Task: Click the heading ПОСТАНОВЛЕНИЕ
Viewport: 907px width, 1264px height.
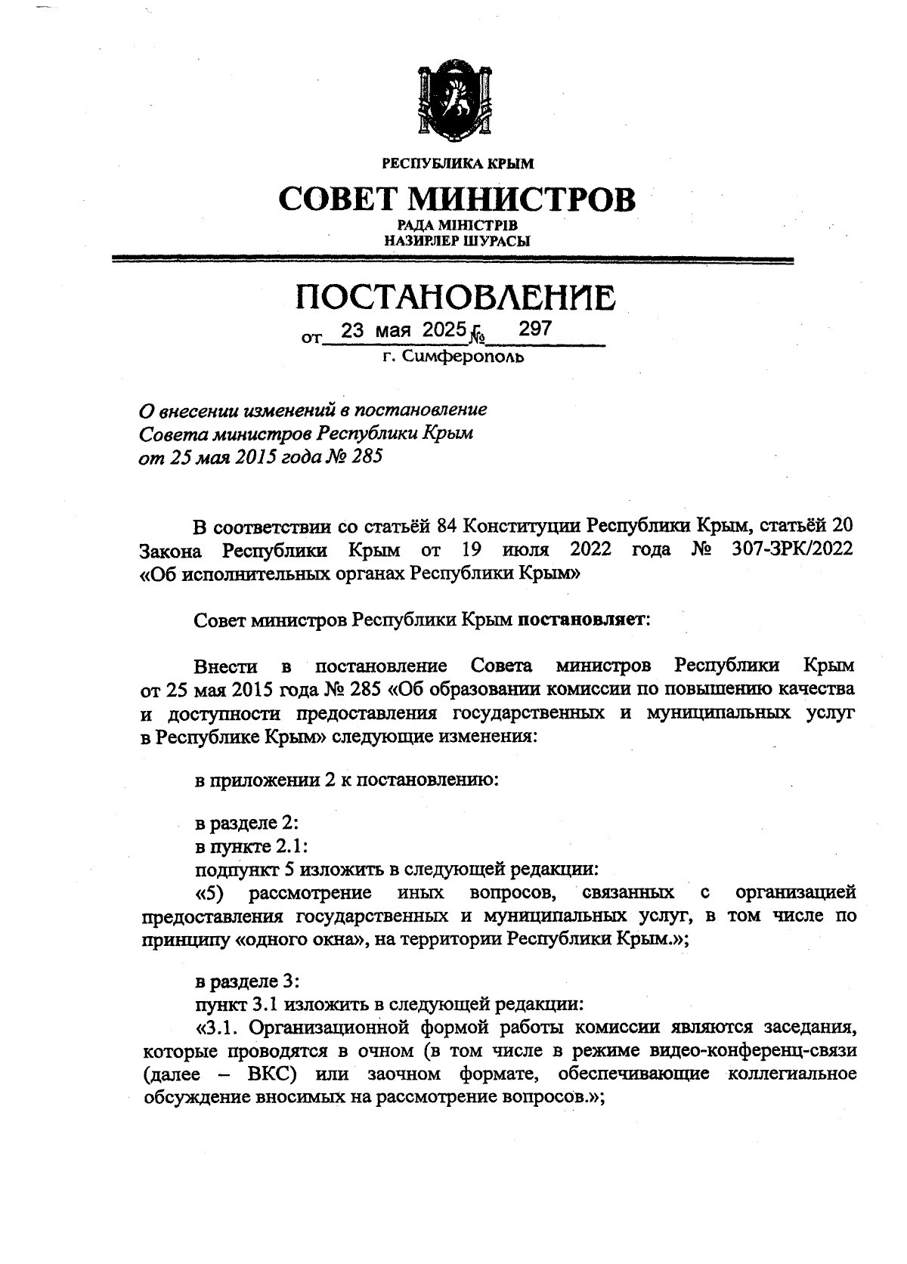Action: click(455, 298)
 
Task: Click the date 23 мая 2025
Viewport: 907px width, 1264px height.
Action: click(401, 330)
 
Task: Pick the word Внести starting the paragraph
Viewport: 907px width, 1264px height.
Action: click(226, 666)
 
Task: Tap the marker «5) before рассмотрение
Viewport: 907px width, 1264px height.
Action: click(211, 892)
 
